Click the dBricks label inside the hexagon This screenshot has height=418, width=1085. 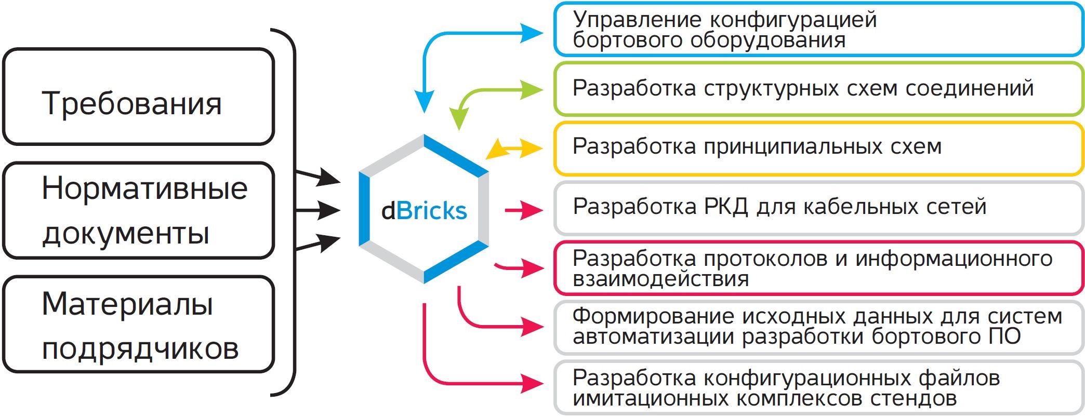[x=424, y=211]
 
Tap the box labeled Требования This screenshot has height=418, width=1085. [x=138, y=97]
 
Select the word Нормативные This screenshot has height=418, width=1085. [x=144, y=188]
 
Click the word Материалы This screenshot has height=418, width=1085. [x=127, y=304]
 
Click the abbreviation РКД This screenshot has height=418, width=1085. [x=725, y=207]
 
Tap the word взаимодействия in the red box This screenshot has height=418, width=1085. [x=660, y=279]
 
